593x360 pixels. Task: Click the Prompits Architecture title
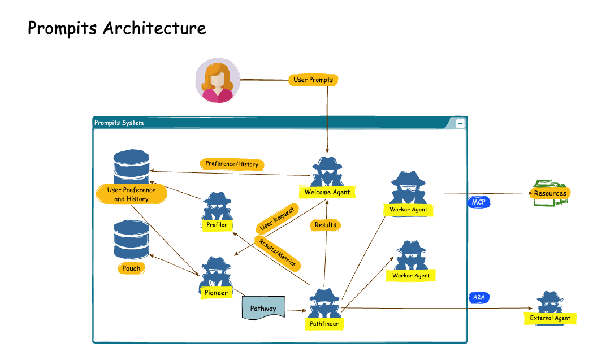(116, 28)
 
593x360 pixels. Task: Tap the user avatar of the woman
(218, 80)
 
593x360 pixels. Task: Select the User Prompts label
(313, 80)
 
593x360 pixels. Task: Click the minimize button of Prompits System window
(460, 123)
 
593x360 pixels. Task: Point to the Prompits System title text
(119, 123)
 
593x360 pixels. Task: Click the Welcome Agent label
(327, 192)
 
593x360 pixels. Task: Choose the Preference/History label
(232, 164)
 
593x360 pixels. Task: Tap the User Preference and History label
(132, 194)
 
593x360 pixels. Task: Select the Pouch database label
(131, 268)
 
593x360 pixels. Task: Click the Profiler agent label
(217, 225)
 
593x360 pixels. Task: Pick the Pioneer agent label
(216, 293)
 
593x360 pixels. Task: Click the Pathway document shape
(263, 309)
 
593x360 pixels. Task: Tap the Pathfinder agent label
(324, 324)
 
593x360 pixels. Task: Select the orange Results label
(325, 225)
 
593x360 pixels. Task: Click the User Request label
(276, 219)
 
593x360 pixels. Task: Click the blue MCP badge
(478, 202)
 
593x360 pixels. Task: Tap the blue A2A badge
(478, 297)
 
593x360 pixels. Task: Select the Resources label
(550, 193)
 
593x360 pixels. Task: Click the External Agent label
(550, 318)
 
